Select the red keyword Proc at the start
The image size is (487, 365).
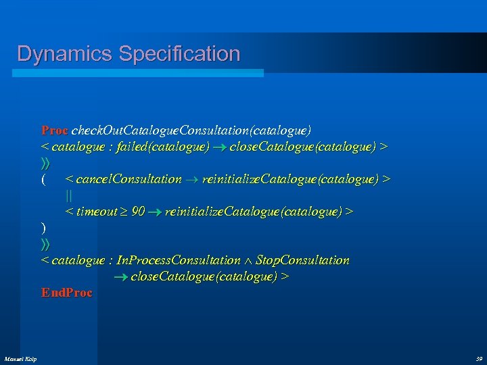[x=54, y=129]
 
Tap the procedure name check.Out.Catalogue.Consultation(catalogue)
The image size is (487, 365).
[x=191, y=129]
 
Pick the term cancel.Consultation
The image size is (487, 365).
[x=129, y=179]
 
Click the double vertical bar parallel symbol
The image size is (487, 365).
[x=68, y=195]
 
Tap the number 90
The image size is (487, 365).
[x=137, y=212]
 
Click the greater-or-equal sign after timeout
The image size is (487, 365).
[x=123, y=212]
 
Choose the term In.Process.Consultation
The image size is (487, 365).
[x=179, y=260]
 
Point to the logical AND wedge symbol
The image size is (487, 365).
[x=248, y=261]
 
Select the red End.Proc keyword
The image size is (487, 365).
[x=66, y=293]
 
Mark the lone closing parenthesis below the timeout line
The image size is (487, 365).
[x=43, y=228]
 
